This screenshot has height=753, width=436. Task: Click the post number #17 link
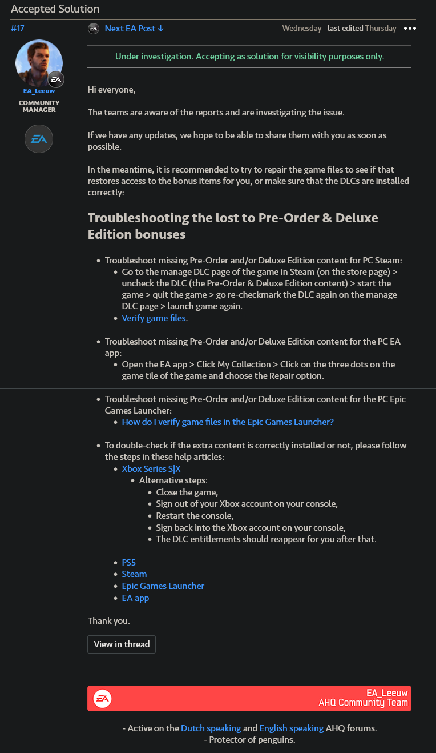(x=18, y=28)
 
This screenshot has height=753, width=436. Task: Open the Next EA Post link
(x=134, y=28)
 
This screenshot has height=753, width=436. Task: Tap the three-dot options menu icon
(x=410, y=28)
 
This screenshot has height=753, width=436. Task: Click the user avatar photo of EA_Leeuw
(x=39, y=63)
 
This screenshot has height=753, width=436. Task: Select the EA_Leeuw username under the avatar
(x=39, y=91)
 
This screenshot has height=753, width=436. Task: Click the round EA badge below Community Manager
(x=39, y=139)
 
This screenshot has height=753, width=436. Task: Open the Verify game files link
(x=154, y=318)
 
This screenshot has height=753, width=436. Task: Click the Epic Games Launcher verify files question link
(x=228, y=422)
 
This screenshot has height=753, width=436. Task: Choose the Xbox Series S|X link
(x=151, y=468)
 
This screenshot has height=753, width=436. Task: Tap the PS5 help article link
(x=128, y=562)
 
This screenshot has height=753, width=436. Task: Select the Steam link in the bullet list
(x=134, y=574)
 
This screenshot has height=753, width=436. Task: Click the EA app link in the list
(x=135, y=598)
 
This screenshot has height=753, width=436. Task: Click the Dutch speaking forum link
(x=211, y=728)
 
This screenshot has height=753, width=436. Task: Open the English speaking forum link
(x=291, y=728)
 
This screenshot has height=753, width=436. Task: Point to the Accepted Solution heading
(x=55, y=9)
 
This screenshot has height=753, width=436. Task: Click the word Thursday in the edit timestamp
(x=381, y=28)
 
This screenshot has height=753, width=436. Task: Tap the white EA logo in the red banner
(x=103, y=698)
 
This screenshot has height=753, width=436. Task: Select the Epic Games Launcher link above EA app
(x=163, y=586)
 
